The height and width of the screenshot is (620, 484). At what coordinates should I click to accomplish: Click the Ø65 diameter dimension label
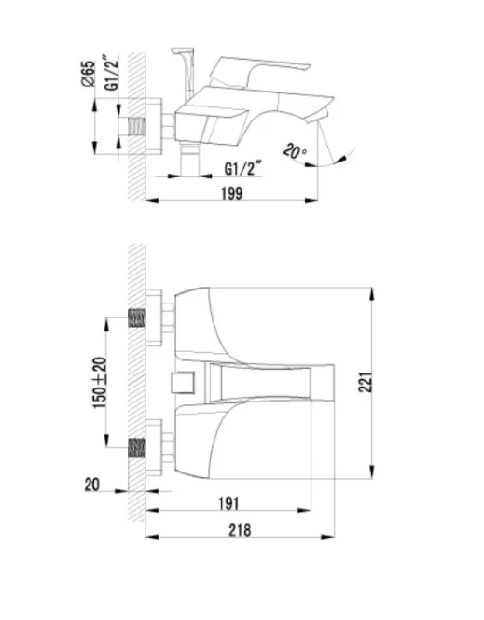click(90, 74)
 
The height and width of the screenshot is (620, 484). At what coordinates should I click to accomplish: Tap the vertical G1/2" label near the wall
click(113, 73)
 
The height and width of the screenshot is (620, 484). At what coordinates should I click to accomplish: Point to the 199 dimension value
click(231, 193)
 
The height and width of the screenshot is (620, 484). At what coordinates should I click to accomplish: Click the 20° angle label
click(295, 150)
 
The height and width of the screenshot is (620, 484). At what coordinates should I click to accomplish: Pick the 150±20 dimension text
click(100, 382)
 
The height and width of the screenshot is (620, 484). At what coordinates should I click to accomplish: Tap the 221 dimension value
click(366, 382)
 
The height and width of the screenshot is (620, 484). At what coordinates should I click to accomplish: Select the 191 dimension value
click(229, 503)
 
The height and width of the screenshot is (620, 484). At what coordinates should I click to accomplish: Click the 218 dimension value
click(240, 529)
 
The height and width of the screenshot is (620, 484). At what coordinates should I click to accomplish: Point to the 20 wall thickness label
click(92, 485)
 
